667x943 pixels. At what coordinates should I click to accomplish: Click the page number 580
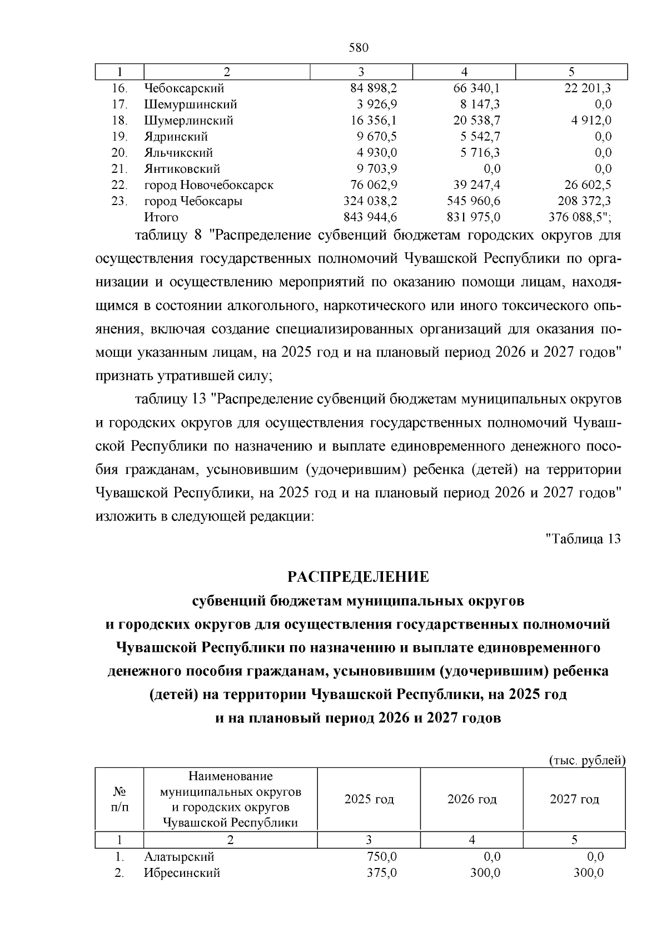(x=359, y=48)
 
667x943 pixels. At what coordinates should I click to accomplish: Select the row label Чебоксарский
(x=184, y=88)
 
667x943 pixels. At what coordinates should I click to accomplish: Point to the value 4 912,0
(x=589, y=121)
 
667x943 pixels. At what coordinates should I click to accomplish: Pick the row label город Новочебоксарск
(x=208, y=185)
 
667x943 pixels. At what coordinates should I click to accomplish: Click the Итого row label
(x=161, y=217)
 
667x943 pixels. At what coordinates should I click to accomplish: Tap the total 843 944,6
(x=370, y=217)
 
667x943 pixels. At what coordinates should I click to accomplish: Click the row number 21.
(x=120, y=169)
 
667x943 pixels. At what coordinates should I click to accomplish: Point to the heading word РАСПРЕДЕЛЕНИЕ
(x=358, y=577)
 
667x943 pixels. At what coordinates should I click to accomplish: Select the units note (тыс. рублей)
(x=587, y=761)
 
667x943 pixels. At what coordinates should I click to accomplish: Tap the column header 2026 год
(x=471, y=800)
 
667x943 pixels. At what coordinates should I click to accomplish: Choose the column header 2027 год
(x=574, y=800)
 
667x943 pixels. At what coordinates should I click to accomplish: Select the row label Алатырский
(x=179, y=857)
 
